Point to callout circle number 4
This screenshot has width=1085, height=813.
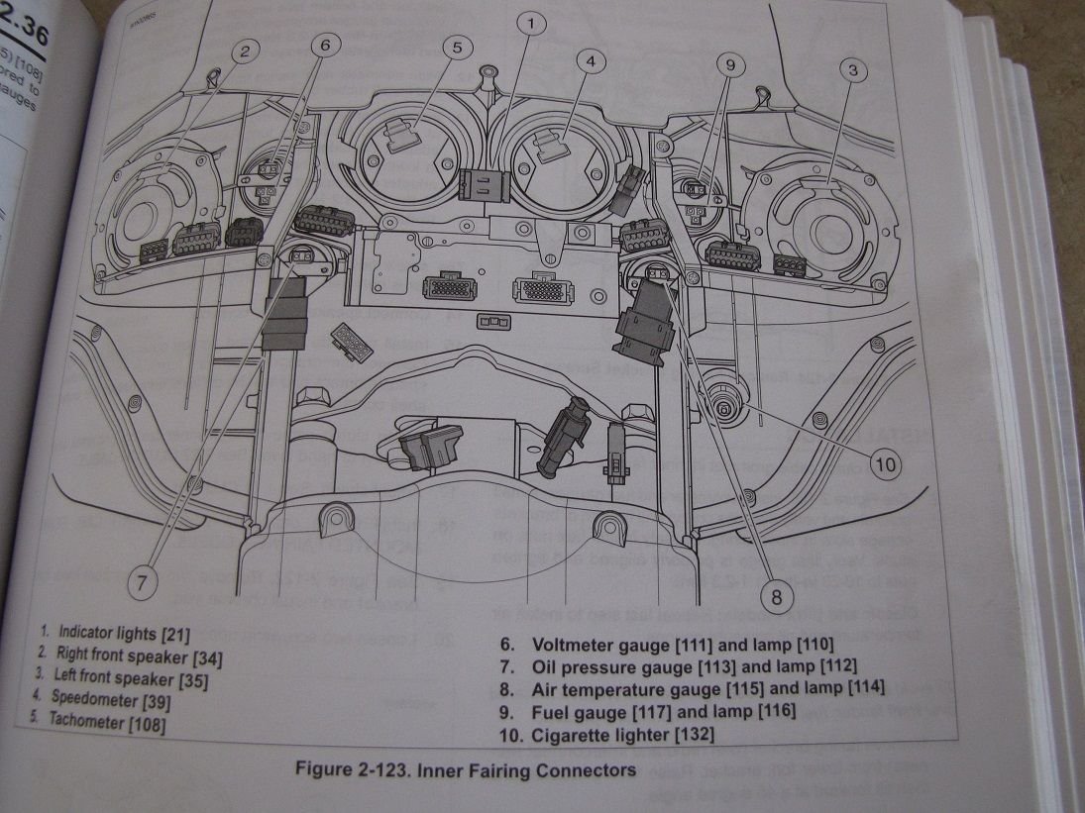(x=591, y=61)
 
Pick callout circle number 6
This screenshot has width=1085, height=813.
(x=329, y=44)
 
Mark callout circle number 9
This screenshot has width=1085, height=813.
(x=729, y=65)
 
